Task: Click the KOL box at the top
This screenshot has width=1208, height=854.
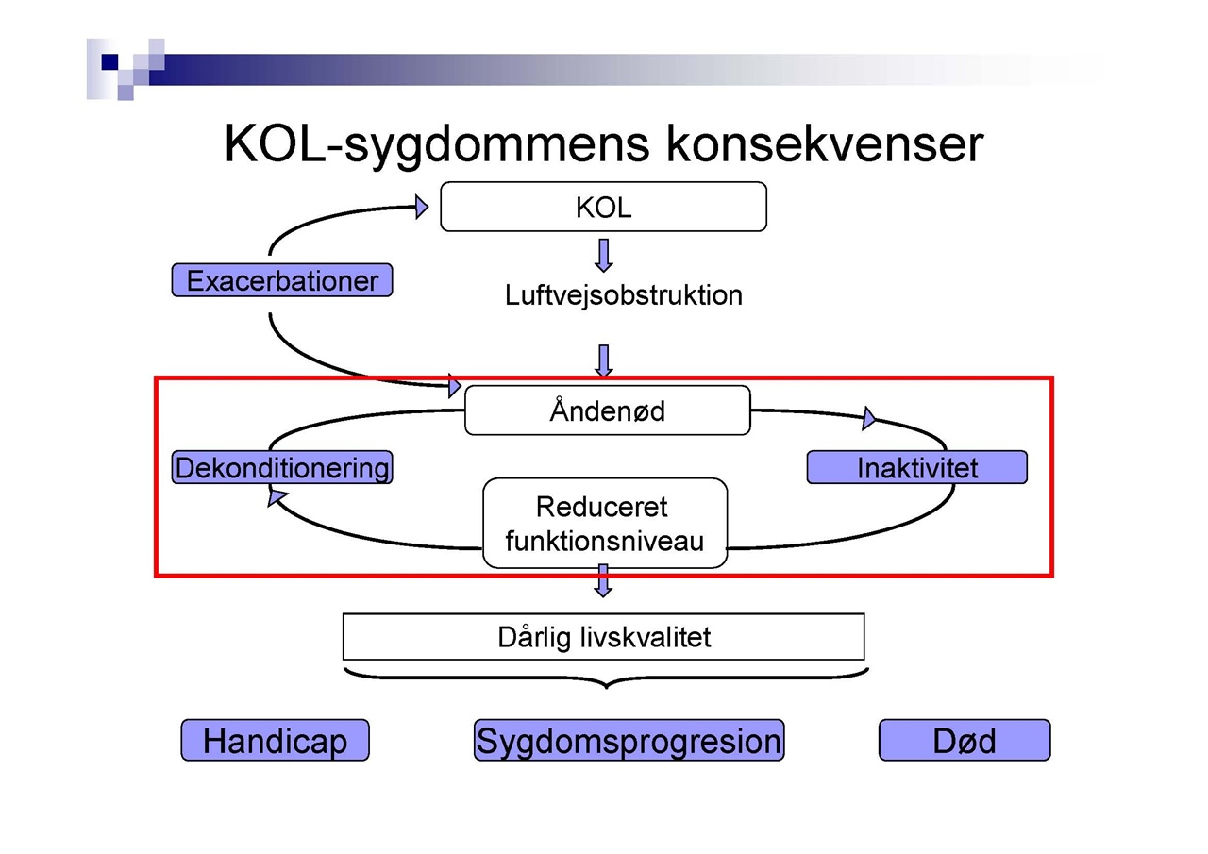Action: pyautogui.click(x=603, y=207)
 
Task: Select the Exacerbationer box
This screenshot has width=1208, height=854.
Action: pyautogui.click(x=282, y=280)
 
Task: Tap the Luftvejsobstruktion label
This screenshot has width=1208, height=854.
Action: pyautogui.click(x=624, y=295)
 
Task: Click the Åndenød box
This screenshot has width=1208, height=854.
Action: pyautogui.click(x=607, y=410)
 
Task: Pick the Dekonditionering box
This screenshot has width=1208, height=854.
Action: pyautogui.click(x=282, y=467)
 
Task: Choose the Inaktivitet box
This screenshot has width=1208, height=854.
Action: pyautogui.click(x=916, y=467)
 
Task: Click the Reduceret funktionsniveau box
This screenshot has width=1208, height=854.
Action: pyautogui.click(x=605, y=523)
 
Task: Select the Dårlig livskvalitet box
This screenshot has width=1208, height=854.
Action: pyautogui.click(x=603, y=637)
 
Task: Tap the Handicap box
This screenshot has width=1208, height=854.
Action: pyautogui.click(x=275, y=740)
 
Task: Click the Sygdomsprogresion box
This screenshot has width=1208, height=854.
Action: pyautogui.click(x=629, y=740)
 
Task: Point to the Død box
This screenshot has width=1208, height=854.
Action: pyautogui.click(x=965, y=740)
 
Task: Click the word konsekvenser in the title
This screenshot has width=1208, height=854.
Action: pyautogui.click(x=825, y=144)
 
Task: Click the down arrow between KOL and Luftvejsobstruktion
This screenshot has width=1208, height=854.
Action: pyautogui.click(x=603, y=256)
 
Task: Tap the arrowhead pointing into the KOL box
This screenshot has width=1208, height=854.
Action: pyautogui.click(x=422, y=207)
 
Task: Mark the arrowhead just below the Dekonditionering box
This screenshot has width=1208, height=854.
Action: pyautogui.click(x=277, y=497)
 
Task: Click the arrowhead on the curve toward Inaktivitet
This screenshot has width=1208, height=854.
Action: pyautogui.click(x=869, y=418)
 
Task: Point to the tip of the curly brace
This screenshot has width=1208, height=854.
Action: pyautogui.click(x=606, y=689)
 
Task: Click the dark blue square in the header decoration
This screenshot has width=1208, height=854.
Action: pyautogui.click(x=109, y=62)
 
